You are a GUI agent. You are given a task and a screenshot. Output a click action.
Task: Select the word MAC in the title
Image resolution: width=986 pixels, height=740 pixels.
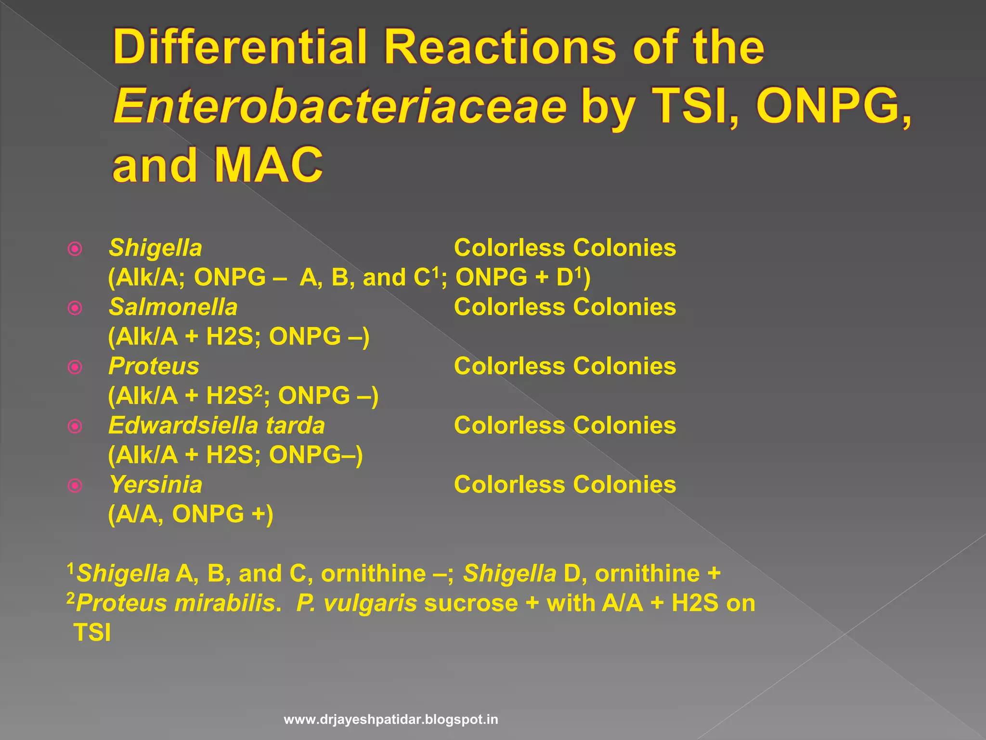point(268,165)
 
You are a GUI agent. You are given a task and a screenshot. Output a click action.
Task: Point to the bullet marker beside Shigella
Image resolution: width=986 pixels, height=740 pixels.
point(75,249)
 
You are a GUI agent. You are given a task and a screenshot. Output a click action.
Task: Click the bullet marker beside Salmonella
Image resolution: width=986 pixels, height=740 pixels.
point(75,308)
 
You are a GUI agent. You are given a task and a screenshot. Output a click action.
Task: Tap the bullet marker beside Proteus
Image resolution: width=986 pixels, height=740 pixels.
point(75,367)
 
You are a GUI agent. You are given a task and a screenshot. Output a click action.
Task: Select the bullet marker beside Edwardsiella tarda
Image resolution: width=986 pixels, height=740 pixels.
point(75,426)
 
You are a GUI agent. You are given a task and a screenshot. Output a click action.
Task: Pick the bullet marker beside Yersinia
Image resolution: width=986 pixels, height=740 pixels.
point(75,486)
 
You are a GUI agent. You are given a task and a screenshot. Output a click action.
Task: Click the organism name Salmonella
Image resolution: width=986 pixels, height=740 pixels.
point(173,307)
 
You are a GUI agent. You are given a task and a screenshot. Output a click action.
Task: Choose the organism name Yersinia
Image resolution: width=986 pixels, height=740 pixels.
point(156,485)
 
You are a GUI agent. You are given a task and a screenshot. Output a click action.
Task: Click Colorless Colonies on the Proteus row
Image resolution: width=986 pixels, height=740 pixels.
point(565,366)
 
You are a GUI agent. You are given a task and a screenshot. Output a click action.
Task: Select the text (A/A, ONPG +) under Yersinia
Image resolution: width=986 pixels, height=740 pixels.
point(191,514)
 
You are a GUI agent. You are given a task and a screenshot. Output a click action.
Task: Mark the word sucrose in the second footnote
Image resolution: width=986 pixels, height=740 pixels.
point(471,603)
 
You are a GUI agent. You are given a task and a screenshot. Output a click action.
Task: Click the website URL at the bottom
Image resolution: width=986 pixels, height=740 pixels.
point(391,720)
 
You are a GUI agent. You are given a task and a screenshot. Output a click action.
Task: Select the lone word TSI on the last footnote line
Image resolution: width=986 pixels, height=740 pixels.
point(92,633)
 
